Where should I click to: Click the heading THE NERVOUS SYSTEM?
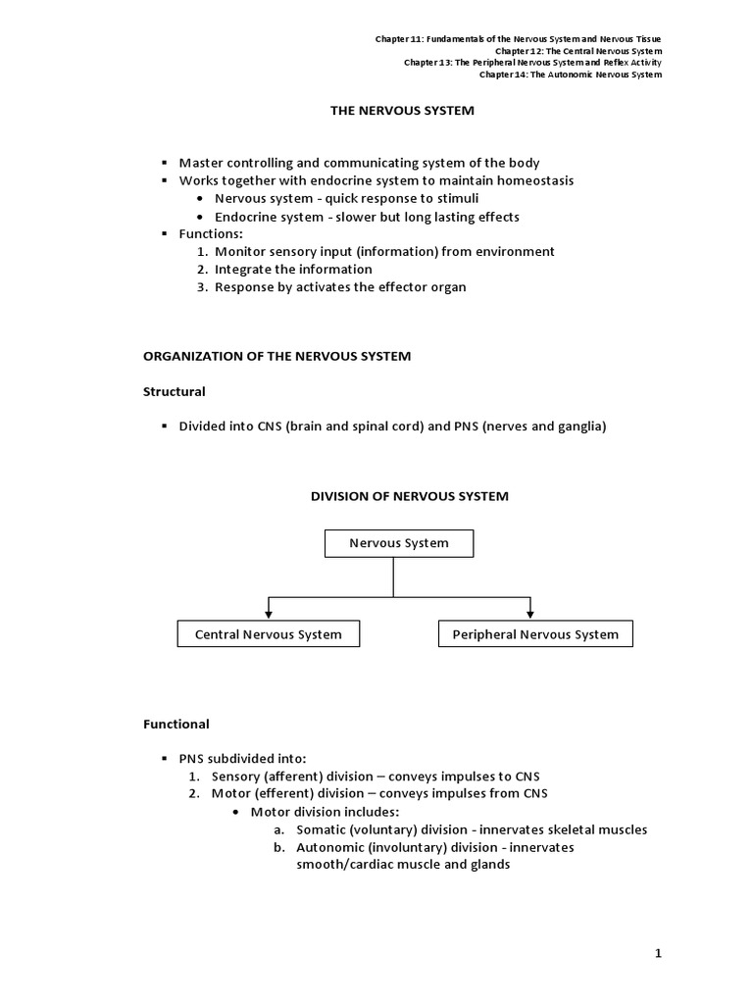coord(401,111)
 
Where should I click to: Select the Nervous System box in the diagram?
coord(399,543)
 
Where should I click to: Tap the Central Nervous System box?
coord(268,634)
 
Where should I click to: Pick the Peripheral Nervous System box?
coord(535,634)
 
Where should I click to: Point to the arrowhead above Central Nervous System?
coord(268,615)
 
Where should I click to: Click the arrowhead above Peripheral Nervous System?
coord(530,615)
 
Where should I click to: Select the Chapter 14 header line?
coord(571,75)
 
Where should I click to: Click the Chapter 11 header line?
coord(519,39)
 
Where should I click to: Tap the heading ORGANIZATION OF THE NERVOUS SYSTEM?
coord(277,356)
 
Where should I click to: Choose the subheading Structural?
coord(175,391)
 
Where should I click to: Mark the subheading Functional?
coord(176,724)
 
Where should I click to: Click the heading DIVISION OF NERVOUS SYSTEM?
coord(410,496)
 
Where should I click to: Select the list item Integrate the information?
coord(293,269)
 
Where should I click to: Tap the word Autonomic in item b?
coord(328,847)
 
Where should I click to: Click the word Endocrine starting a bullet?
coord(245,217)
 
